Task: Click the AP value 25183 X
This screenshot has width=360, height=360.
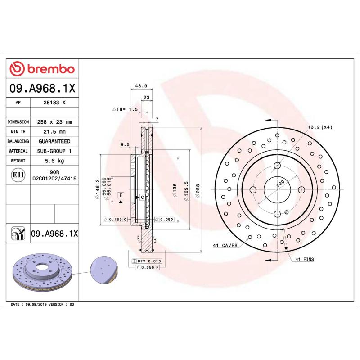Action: coord(54,103)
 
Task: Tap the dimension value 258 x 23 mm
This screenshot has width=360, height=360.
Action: coord(54,122)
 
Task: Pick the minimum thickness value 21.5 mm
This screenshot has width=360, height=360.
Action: coord(54,132)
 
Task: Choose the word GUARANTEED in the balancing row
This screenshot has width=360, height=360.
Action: coord(54,141)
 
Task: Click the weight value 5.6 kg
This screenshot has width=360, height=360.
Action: coord(54,161)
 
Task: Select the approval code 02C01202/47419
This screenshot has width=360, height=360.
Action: coord(54,179)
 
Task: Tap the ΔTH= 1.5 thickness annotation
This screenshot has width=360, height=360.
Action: coord(125,109)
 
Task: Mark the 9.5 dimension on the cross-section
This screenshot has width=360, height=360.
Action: coord(125,144)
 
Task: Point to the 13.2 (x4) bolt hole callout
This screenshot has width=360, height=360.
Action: coord(320,127)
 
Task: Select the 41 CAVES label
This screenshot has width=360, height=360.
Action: coord(225,246)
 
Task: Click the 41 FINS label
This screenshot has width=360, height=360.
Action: coord(305,260)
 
